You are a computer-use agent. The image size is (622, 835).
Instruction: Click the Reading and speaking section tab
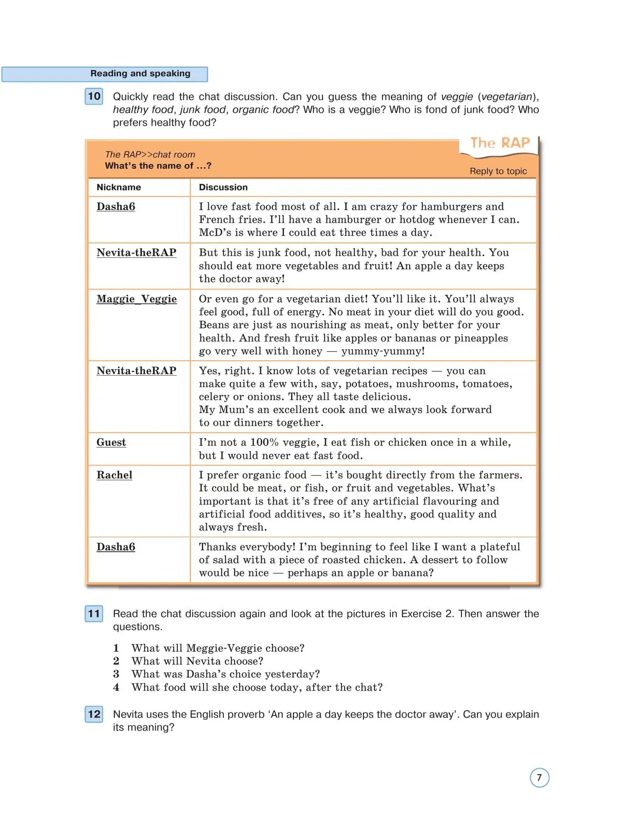140,74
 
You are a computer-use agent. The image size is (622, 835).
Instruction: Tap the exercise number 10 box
94,97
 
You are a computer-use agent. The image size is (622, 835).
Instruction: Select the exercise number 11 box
94,614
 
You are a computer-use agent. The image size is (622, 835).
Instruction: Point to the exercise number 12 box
94,715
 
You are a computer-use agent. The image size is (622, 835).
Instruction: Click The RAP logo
500,143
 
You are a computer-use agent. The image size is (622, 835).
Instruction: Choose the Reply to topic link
498,171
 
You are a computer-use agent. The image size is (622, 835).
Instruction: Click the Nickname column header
119,187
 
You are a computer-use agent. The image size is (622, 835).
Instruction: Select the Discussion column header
223,187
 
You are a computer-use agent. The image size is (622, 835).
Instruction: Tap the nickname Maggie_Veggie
136,299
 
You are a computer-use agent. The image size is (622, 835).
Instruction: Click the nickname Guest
111,443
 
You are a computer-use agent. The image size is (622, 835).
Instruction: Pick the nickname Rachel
114,475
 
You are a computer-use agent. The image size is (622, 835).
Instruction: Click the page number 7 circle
539,778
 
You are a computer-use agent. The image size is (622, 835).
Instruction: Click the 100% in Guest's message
265,443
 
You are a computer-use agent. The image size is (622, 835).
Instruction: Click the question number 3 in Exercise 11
116,674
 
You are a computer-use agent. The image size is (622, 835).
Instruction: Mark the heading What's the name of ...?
158,166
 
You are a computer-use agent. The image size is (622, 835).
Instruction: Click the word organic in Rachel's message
257,475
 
